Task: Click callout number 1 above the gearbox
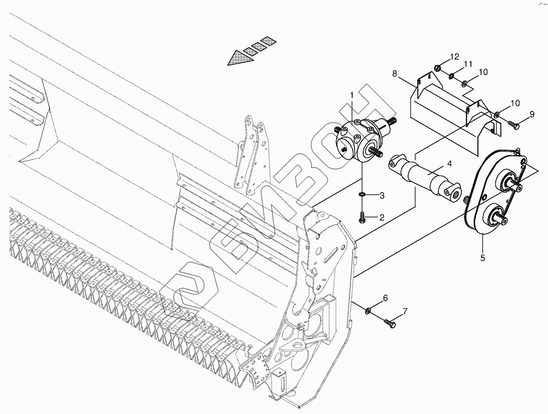tap(352, 95)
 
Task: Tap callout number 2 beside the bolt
tap(381, 217)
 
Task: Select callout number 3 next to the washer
tap(382, 196)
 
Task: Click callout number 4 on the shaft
tap(449, 163)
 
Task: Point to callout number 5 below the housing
tap(482, 258)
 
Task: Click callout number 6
tap(385, 298)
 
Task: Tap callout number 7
tap(404, 312)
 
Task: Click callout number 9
tap(532, 115)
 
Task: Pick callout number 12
tap(454, 57)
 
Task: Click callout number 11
tap(468, 65)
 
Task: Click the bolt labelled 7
tap(391, 323)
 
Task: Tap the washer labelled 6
tap(368, 311)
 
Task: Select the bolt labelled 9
tap(513, 124)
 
